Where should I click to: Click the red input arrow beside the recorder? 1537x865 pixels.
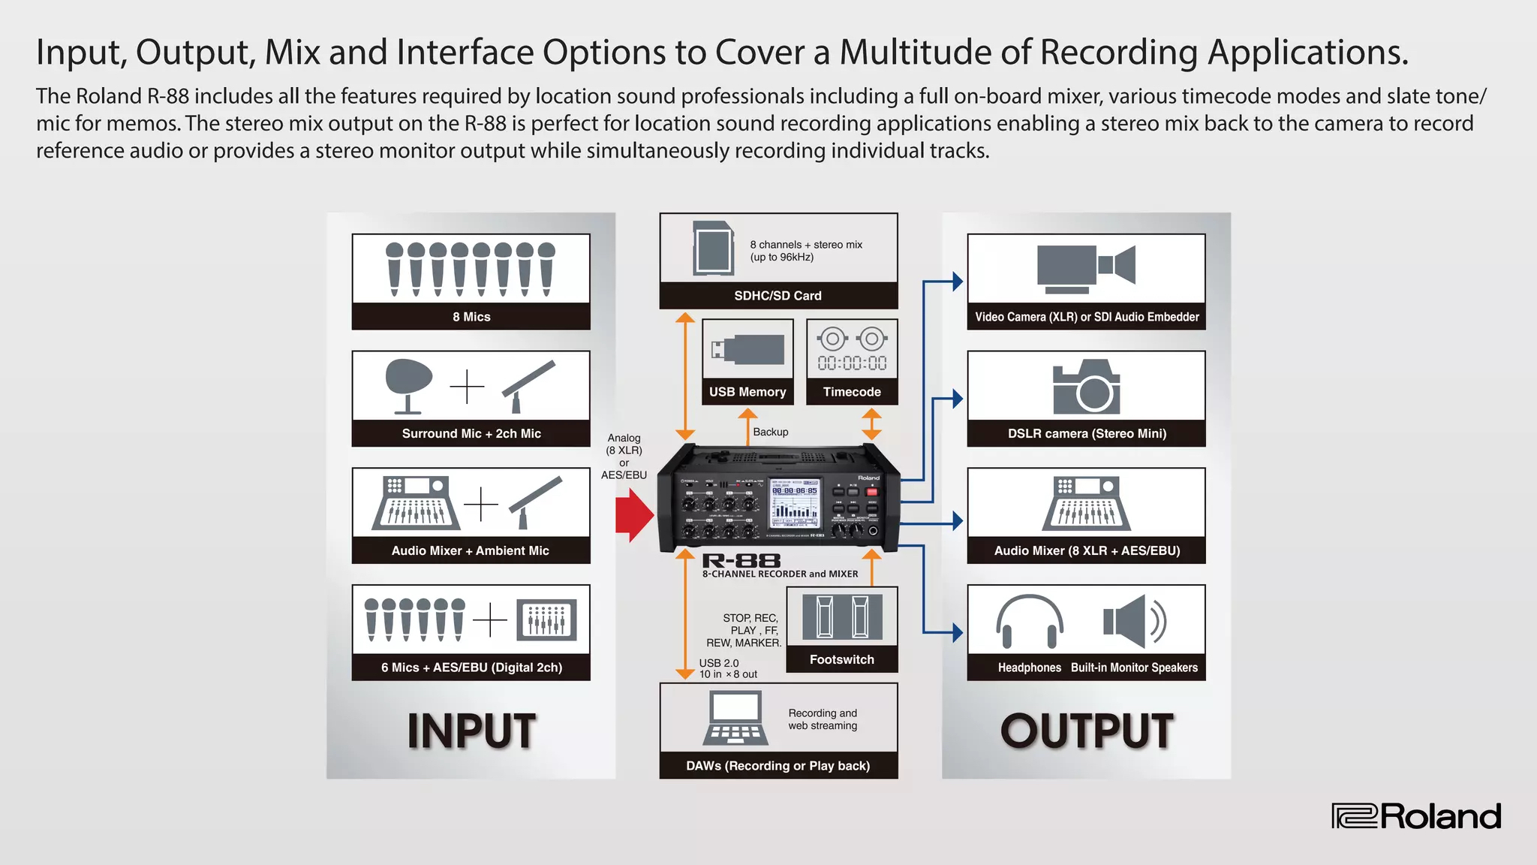point(634,515)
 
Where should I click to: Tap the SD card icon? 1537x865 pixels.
point(712,248)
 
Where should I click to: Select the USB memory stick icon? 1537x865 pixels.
point(747,350)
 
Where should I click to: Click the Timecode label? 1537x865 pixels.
point(852,392)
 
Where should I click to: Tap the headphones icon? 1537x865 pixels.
point(1029,621)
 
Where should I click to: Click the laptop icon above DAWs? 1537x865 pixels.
point(735,718)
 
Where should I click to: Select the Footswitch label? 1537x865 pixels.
point(841,659)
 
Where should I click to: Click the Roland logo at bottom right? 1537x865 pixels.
point(1416,816)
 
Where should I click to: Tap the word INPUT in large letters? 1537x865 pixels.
point(471,731)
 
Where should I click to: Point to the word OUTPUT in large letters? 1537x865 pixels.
point(1086,731)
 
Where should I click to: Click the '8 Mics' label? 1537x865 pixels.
point(471,317)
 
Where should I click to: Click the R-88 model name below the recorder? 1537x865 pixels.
point(741,561)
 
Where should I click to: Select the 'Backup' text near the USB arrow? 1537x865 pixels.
point(771,432)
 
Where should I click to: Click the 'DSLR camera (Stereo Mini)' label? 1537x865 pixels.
point(1086,433)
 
